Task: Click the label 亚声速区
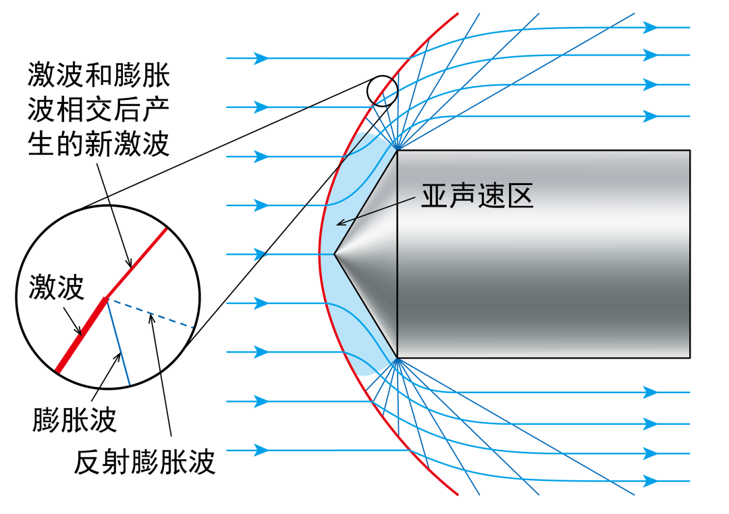477,195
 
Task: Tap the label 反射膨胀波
144,461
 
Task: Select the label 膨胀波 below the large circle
74,419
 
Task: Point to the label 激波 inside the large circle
56,286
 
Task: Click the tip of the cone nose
334,254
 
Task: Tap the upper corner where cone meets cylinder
398,150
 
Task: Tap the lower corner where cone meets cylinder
398,358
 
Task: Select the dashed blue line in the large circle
152,314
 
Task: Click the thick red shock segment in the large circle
82,335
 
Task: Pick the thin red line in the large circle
136,263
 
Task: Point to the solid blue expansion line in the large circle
119,343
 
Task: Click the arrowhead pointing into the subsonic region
342,223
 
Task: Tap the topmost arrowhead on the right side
651,28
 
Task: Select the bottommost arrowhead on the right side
651,481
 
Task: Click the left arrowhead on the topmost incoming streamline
261,58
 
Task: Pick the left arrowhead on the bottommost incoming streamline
261,450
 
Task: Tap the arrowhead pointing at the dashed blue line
151,318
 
